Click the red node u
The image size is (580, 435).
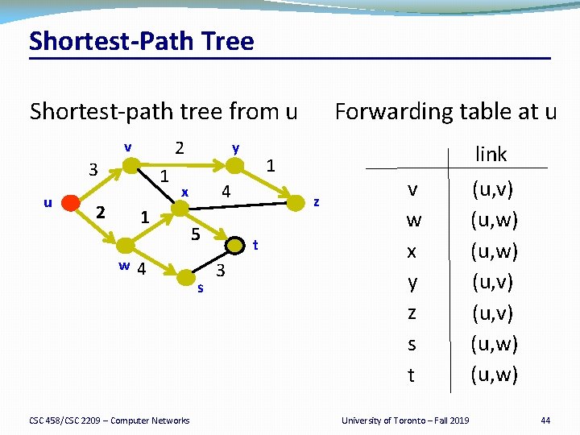pos(71,202)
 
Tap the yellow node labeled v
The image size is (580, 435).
pos(129,166)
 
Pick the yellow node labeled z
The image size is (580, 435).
pos(299,202)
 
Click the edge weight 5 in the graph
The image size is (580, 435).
pos(194,234)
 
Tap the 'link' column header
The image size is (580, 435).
pos(491,154)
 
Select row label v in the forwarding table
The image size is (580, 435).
pos(412,190)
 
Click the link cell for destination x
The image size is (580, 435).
pos(495,251)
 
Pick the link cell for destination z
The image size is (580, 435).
pos(495,313)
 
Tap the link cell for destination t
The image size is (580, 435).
pos(495,375)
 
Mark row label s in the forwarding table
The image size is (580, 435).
pos(412,344)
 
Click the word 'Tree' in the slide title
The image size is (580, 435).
pos(225,41)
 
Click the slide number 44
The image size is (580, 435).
pos(545,420)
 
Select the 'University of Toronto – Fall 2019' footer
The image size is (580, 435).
pos(404,420)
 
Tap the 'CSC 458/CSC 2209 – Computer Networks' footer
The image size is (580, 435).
pos(110,420)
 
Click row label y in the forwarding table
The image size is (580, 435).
pos(412,283)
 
